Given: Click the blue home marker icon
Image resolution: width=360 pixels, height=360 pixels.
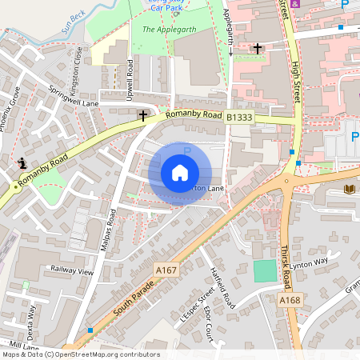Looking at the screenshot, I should pos(180,173).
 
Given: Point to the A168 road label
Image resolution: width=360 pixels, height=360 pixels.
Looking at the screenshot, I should pos(290,299).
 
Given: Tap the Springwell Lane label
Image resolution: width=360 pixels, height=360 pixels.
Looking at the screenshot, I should pos(73,97).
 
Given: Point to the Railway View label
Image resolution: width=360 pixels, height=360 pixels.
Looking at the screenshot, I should pos(71,271).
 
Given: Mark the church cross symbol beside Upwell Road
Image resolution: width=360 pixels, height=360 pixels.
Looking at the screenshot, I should pos(143,116).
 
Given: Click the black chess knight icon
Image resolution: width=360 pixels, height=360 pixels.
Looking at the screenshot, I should pos(23,163).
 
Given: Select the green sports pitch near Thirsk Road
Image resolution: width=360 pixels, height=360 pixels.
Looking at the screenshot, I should pos(265,270).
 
